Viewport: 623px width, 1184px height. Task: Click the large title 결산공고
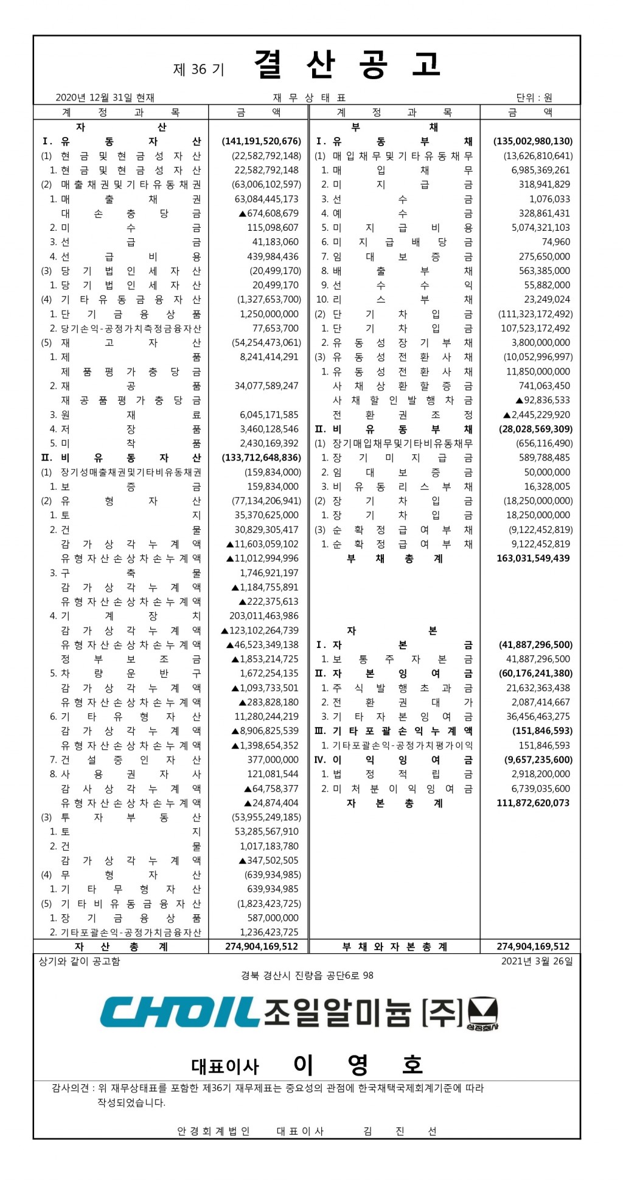click(x=347, y=65)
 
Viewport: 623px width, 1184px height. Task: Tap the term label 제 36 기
click(x=199, y=69)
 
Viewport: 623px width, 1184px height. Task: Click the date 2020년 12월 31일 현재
click(x=105, y=97)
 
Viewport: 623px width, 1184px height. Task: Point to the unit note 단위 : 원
click(x=534, y=97)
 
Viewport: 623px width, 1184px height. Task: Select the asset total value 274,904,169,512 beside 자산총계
click(x=262, y=946)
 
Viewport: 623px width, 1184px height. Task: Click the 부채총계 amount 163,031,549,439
click(x=533, y=558)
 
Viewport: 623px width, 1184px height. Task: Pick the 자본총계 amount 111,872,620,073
click(x=533, y=803)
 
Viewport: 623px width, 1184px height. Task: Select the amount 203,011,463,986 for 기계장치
click(x=264, y=616)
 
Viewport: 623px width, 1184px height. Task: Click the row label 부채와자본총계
click(x=394, y=946)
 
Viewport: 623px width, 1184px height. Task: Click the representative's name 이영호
click(x=358, y=1064)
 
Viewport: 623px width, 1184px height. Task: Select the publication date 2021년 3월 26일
click(x=537, y=961)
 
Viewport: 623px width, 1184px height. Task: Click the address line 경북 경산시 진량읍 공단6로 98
click(x=307, y=975)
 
